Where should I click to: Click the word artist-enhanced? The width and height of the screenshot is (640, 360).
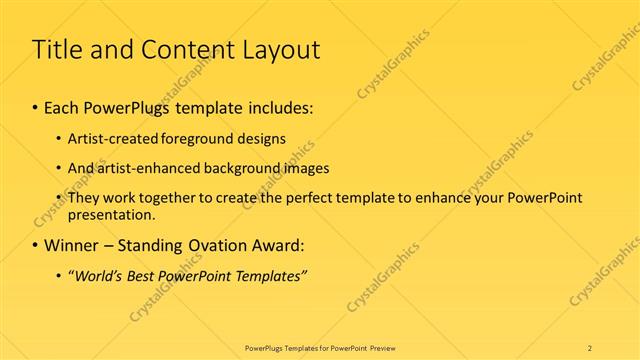(146, 168)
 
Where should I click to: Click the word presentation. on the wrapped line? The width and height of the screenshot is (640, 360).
(112, 214)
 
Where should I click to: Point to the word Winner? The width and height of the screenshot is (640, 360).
(73, 245)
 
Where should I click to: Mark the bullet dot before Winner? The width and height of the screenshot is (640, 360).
(35, 245)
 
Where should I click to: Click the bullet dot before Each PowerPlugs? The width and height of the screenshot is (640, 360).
(35, 107)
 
